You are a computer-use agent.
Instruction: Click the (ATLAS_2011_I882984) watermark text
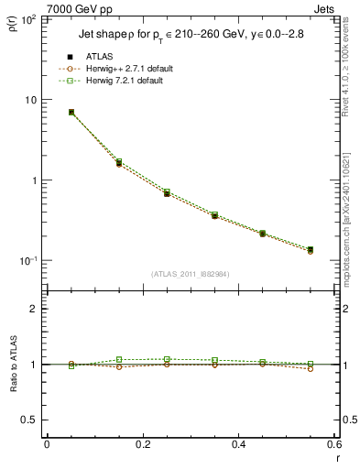click(x=191, y=274)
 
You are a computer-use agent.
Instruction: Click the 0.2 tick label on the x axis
click(x=142, y=444)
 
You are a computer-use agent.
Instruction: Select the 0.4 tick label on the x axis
click(x=238, y=444)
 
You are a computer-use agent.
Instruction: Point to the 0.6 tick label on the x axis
click(x=333, y=444)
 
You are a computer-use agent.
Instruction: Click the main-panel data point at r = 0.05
click(x=71, y=112)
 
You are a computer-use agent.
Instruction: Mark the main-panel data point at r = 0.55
click(x=310, y=249)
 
